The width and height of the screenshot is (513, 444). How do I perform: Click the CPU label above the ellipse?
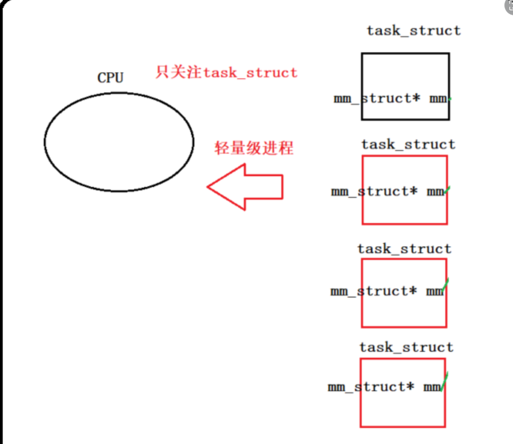110,77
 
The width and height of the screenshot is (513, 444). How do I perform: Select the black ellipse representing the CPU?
119,142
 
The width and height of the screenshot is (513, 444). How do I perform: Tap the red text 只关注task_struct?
226,73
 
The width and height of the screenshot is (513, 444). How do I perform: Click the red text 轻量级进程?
253,148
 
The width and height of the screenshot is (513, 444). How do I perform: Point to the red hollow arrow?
245,187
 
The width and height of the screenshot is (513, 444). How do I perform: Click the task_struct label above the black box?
414,31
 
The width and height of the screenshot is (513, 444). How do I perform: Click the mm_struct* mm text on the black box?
391,99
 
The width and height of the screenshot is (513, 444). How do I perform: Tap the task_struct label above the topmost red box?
408,144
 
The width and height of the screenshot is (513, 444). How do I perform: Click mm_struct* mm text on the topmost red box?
388,192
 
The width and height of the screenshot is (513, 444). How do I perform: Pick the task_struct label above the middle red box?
404,249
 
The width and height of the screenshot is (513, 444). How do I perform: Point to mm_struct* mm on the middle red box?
387,291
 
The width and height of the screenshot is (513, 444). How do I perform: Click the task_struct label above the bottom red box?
406,347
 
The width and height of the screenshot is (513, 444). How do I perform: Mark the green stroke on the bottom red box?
445,382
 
